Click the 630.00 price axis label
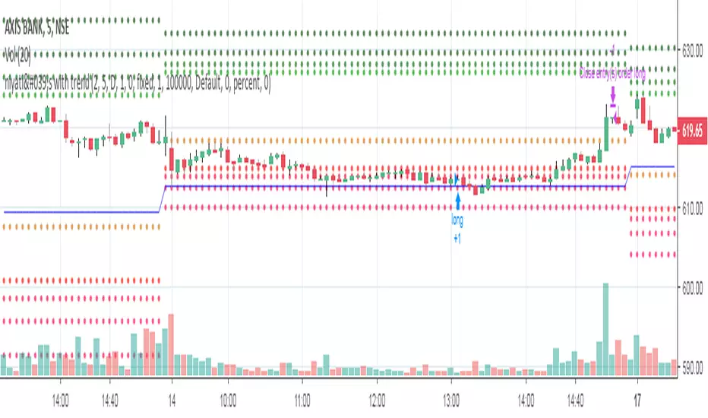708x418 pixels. coord(691,51)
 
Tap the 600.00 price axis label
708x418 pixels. coord(691,287)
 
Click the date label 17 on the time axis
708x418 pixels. coord(639,397)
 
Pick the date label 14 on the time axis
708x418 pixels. coord(172,397)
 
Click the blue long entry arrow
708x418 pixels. coord(458,200)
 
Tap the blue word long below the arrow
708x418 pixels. coord(457,222)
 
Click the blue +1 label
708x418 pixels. coord(457,237)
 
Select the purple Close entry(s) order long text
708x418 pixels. coord(612,74)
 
